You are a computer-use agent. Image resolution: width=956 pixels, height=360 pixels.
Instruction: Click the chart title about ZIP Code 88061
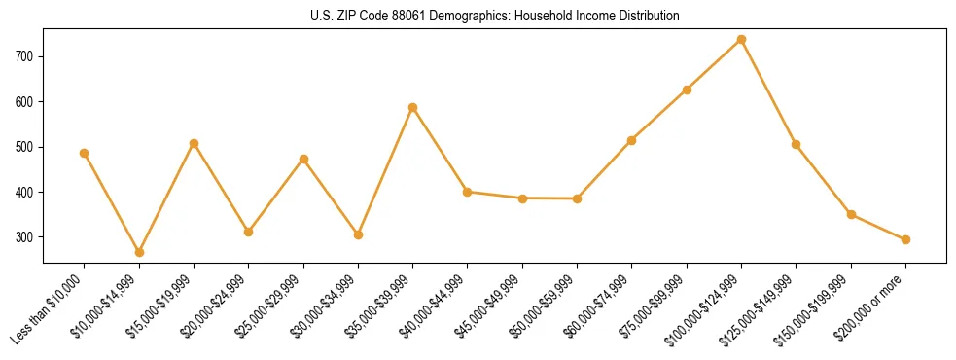pyautogui.click(x=494, y=17)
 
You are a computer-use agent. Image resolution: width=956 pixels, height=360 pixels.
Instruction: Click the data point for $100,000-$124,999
pyautogui.click(x=741, y=40)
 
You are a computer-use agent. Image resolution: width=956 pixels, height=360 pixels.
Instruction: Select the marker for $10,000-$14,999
pyautogui.click(x=139, y=252)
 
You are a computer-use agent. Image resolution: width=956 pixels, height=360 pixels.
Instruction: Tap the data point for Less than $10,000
pyautogui.click(x=84, y=153)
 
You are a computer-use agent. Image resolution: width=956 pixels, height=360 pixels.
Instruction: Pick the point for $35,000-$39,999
pyautogui.click(x=412, y=107)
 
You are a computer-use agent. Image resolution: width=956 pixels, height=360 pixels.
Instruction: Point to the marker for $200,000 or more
pyautogui.click(x=905, y=239)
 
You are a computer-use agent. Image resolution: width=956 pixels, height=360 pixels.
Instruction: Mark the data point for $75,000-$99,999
pyautogui.click(x=687, y=90)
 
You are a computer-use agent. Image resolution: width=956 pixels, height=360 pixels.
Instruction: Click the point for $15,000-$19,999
pyautogui.click(x=194, y=143)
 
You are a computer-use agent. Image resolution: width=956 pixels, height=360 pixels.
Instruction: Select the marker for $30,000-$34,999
pyautogui.click(x=358, y=234)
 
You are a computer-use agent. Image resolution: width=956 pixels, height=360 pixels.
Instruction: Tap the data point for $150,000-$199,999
pyautogui.click(x=851, y=214)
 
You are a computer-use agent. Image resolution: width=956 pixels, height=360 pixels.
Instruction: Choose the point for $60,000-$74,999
pyautogui.click(x=632, y=140)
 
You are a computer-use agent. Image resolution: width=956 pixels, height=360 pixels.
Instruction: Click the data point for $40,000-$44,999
pyautogui.click(x=468, y=192)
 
